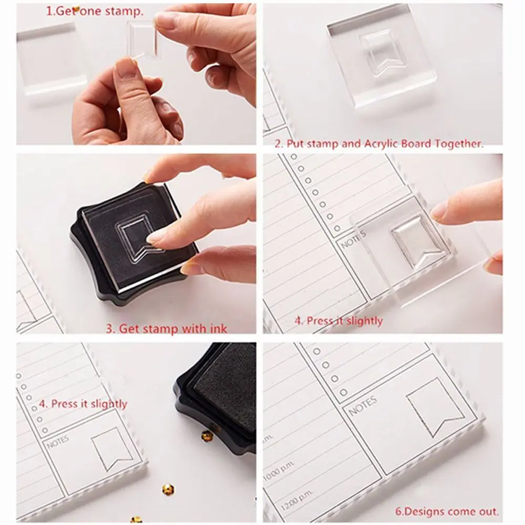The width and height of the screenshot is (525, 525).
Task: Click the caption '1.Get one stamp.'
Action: (x=94, y=12)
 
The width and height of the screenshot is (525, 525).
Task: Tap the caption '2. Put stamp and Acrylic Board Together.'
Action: (x=379, y=144)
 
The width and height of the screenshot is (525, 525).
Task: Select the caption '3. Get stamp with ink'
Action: (x=166, y=328)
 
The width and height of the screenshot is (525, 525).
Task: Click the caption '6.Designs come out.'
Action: (x=447, y=511)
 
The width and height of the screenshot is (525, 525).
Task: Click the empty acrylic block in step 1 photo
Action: (x=50, y=64)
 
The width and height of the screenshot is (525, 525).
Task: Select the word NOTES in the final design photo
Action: (x=363, y=405)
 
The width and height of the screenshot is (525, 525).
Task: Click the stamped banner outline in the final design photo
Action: (x=435, y=407)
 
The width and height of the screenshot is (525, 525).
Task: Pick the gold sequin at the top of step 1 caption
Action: (x=76, y=9)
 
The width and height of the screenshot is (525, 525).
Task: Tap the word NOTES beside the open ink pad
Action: (x=58, y=442)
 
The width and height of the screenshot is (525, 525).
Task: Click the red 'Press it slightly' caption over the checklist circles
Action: (x=83, y=404)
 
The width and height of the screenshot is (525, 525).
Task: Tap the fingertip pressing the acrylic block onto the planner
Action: (x=442, y=212)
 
